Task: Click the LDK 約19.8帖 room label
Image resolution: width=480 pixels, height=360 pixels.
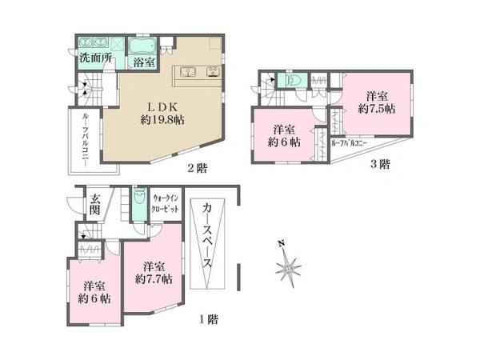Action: point(162,113)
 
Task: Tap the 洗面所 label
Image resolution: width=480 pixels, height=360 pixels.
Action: point(95,58)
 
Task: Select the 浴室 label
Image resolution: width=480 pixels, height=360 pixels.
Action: point(143,62)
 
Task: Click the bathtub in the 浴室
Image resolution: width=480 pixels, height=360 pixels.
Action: point(142,47)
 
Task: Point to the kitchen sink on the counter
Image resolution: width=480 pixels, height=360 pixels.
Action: point(188,71)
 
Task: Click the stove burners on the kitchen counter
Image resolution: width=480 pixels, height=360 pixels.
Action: point(214,71)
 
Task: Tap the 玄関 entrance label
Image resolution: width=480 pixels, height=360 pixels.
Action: point(95,205)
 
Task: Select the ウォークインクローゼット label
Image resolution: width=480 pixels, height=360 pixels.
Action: point(166,204)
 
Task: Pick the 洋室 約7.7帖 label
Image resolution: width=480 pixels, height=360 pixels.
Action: point(154,273)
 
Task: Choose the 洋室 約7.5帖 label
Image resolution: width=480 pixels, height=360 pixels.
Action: point(377,102)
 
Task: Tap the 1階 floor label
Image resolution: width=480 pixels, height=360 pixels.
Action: point(209,319)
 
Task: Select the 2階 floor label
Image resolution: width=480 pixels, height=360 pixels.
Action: point(197,168)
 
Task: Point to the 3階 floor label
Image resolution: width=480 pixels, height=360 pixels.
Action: point(380,164)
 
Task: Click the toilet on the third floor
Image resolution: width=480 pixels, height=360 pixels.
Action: point(294,80)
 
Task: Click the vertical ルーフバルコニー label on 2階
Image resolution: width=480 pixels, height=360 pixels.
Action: point(85,140)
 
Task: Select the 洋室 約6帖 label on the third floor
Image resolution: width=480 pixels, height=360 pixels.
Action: point(284,136)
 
